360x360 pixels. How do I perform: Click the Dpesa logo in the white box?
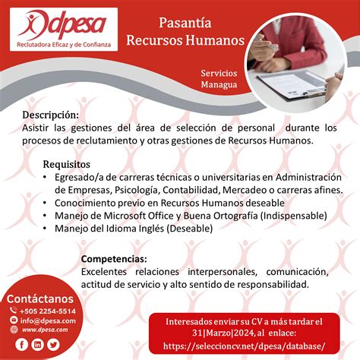coord(63,24)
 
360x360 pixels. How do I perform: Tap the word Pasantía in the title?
coord(185,23)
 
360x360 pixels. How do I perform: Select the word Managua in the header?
coord(219,84)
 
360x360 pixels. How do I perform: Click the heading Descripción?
coord(51,115)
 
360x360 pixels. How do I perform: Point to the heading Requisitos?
coord(67,164)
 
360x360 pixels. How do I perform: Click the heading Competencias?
coord(114,259)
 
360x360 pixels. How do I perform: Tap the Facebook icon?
coord(21,345)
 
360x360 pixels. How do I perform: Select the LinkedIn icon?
coord(37,345)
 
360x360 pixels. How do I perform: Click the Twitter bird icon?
coord(53,345)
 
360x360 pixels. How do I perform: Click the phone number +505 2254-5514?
coord(48,311)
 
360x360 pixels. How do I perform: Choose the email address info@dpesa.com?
coord(48,321)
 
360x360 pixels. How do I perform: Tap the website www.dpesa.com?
coord(45,330)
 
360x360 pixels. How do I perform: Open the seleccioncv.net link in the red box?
coord(244,346)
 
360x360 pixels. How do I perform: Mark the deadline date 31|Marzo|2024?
coord(223,333)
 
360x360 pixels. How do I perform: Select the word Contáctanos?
coord(40,298)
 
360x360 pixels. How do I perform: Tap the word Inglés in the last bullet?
coord(151,229)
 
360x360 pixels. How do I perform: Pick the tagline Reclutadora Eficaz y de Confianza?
coord(64,45)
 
